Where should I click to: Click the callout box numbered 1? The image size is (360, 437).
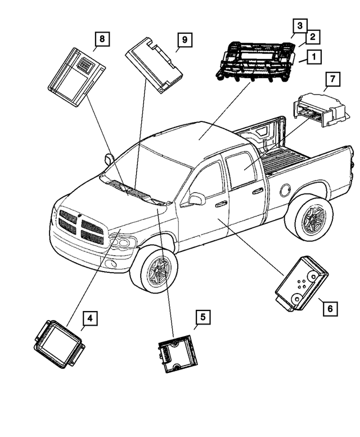point(313,56)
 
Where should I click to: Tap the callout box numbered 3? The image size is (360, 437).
point(300,26)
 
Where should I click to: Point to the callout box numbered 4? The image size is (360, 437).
point(90,319)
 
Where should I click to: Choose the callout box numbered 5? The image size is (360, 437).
point(202,318)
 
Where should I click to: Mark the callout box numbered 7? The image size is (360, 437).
point(332,79)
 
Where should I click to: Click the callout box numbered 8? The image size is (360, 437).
point(101,39)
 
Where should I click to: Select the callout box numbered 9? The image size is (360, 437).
point(184,40)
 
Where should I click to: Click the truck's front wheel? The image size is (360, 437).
point(156,272)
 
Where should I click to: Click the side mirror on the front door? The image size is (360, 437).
point(196,199)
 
